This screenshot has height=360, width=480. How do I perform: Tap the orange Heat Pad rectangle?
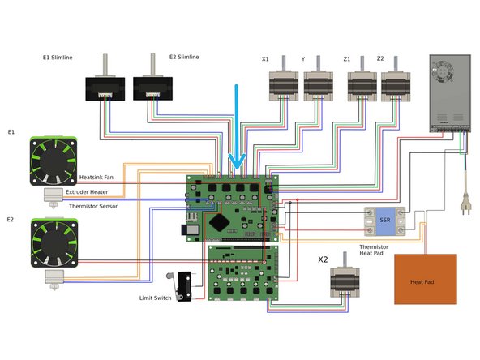(x=425, y=279)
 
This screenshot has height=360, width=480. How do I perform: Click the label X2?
(x=324, y=260)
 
